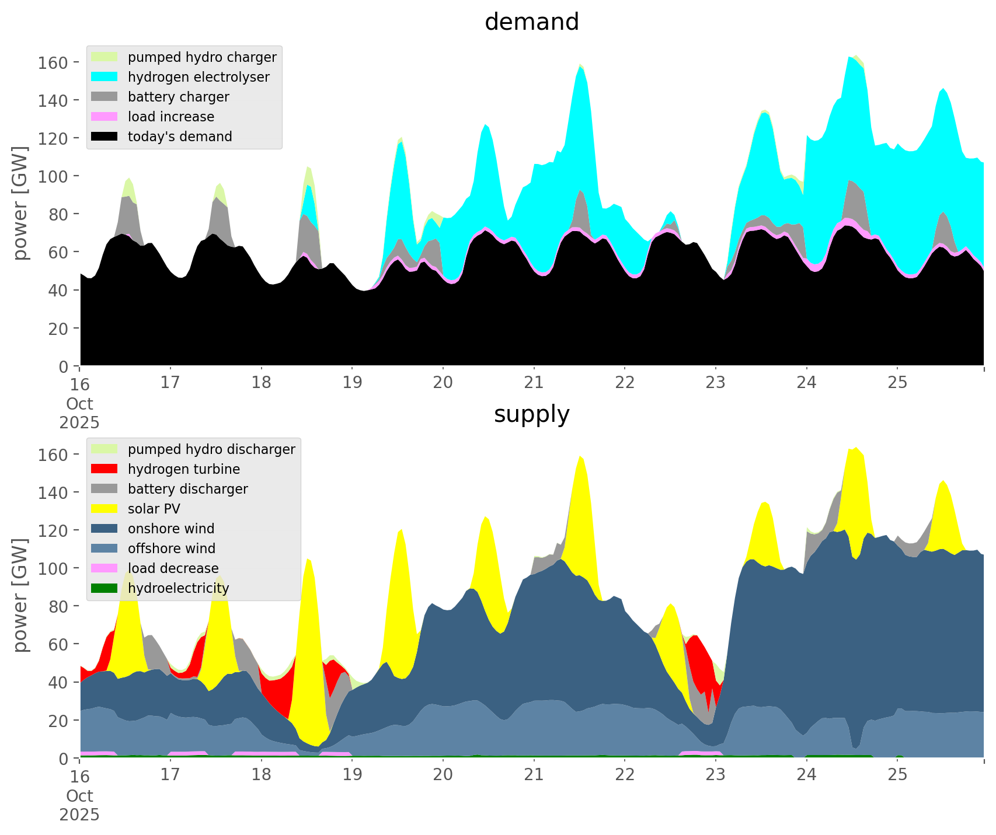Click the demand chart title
pyautogui.click(x=531, y=22)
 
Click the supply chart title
pyautogui.click(x=531, y=414)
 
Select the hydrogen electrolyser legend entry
pyautogui.click(x=198, y=77)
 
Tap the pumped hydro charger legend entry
pyautogui.click(x=202, y=57)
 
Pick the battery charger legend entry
pyautogui.click(x=178, y=97)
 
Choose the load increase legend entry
pyautogui.click(x=171, y=117)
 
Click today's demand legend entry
pyautogui.click(x=180, y=137)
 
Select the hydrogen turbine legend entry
pyautogui.click(x=184, y=469)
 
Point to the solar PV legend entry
pyautogui.click(x=154, y=509)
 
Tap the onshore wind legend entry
pyautogui.click(x=171, y=529)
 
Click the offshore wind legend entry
pyautogui.click(x=172, y=548)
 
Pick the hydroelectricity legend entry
pyautogui.click(x=178, y=588)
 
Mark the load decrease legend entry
pyautogui.click(x=173, y=568)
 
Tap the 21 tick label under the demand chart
pyautogui.click(x=534, y=383)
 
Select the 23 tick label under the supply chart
pyautogui.click(x=715, y=775)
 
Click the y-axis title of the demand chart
pyautogui.click(x=21, y=203)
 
